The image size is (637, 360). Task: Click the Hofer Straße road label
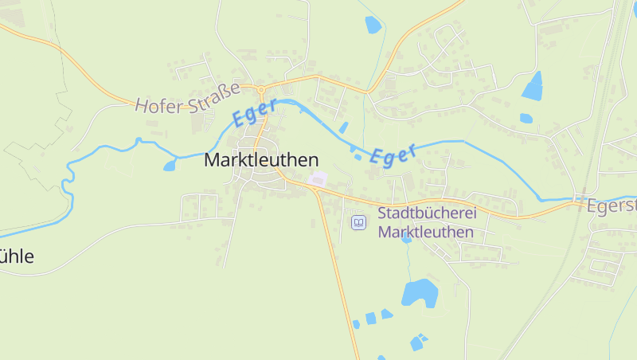187,100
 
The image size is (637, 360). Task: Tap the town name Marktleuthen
261,159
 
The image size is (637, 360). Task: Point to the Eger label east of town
394,155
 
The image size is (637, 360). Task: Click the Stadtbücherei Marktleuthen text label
425,223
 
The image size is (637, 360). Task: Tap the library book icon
359,222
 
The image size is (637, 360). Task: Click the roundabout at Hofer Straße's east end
260,89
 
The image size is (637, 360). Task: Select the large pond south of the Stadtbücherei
419,293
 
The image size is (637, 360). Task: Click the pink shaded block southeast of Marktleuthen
318,179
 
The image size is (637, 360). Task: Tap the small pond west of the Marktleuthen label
170,166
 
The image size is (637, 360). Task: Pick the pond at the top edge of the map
373,25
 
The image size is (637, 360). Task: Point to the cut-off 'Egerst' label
611,205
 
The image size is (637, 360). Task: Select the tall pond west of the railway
533,85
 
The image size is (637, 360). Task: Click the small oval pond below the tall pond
526,119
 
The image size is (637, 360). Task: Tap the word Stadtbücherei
425,213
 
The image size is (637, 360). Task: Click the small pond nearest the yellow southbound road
356,323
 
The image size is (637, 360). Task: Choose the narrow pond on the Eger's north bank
343,127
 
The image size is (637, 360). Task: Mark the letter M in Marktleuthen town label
212,159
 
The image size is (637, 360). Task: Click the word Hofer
154,104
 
